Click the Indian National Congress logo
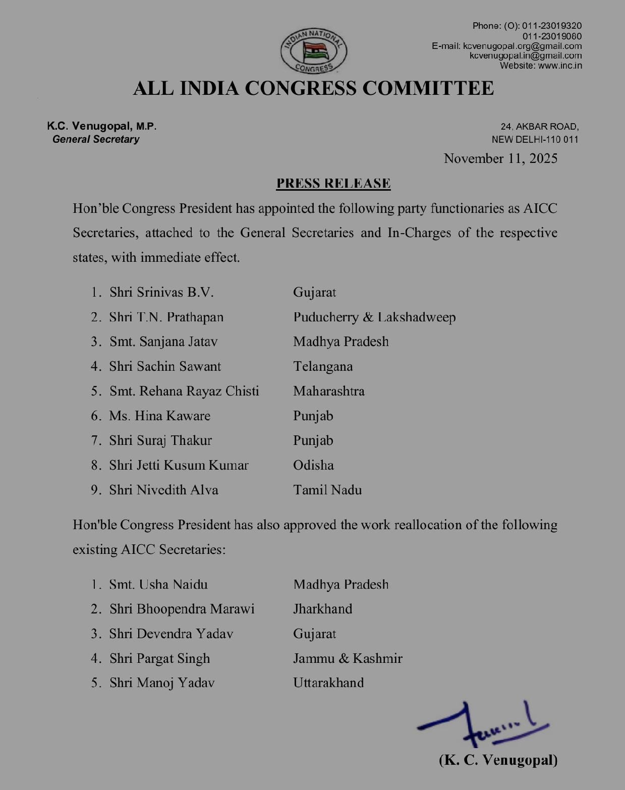pos(313,51)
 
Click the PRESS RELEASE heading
pos(333,183)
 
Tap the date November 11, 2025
pos(500,158)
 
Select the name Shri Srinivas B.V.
pos(161,292)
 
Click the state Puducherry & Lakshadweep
pos(374,317)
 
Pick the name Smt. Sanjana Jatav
pos(163,342)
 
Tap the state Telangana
pos(323,366)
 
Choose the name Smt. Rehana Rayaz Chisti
pos(184,391)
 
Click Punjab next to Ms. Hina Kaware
pos(313,416)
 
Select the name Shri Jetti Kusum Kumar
pos(179,465)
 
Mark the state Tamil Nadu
pos(327,490)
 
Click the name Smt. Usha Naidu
pos(158,584)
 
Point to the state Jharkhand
pos(323,609)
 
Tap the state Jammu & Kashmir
pos(348,658)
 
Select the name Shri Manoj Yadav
pos(162,683)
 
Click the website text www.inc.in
pos(560,66)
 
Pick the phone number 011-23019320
pos(551,26)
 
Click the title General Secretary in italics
pos(96,139)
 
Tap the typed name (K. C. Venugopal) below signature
pos(498,760)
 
